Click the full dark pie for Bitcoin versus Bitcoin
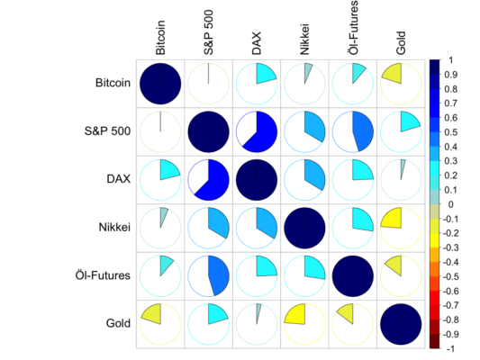pos(160,84)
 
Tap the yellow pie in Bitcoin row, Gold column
pos(400,84)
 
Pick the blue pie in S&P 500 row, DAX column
pos(257,132)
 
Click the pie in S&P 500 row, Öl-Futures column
pos(352,132)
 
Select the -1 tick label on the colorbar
pos(449,347)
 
